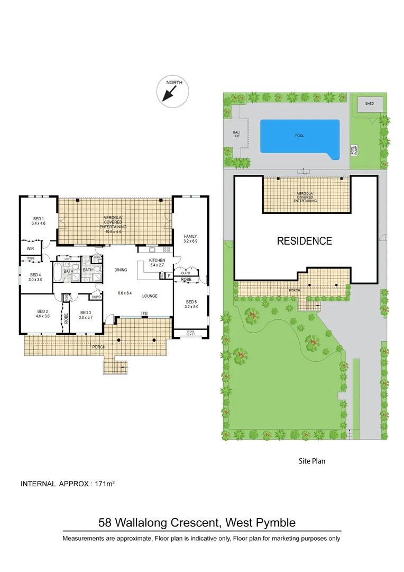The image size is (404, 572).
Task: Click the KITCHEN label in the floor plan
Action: [157, 260]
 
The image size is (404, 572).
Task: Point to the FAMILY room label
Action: [190, 236]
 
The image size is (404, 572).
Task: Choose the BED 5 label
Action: [190, 303]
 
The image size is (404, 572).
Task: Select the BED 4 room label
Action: [35, 275]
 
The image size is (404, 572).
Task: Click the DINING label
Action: [121, 270]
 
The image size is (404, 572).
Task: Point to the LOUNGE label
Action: [150, 296]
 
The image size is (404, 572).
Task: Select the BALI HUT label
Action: [236, 136]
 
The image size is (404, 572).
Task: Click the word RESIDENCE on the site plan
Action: [305, 241]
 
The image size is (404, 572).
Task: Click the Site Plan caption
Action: [311, 461]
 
